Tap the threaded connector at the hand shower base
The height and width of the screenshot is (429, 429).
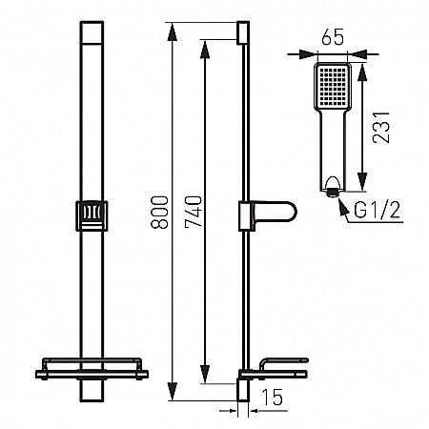point(331,191)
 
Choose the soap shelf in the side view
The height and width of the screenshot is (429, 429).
point(278,366)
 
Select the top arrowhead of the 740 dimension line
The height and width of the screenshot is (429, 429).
point(205,46)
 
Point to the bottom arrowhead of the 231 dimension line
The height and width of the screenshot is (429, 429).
point(362,183)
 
